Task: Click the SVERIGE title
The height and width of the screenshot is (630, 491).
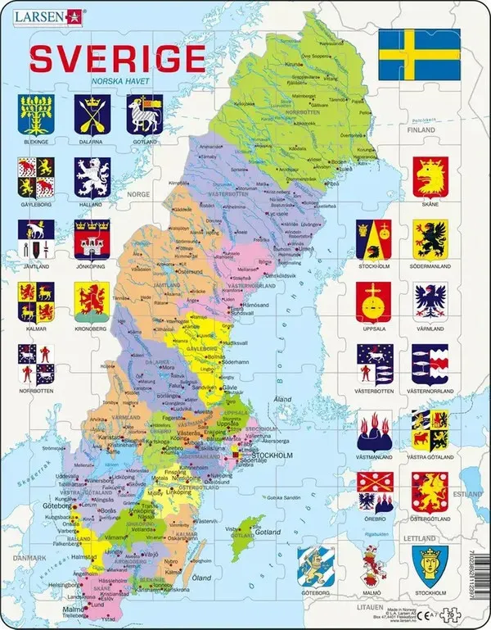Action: (116, 58)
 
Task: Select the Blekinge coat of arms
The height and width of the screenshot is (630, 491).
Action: (35, 114)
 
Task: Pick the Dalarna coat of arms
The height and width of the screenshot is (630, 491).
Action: (91, 114)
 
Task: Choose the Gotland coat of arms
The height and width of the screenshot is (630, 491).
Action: (144, 114)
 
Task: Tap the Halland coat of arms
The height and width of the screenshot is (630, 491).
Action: (91, 176)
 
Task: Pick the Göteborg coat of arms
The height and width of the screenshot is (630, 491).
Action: (315, 565)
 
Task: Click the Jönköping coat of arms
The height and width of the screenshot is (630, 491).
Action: (91, 238)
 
